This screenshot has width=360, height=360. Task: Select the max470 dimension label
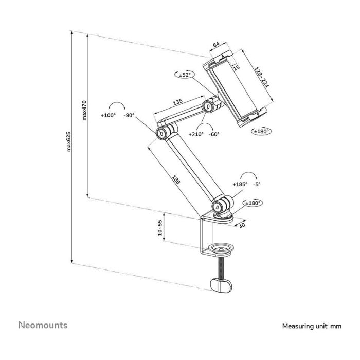[x=84, y=109]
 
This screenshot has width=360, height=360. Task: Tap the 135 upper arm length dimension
[x=177, y=102]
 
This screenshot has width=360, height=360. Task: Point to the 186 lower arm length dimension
[x=175, y=179]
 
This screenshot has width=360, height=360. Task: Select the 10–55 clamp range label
[x=160, y=228]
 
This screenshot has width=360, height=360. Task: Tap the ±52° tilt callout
[x=185, y=75]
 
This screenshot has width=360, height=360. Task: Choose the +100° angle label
[x=108, y=116]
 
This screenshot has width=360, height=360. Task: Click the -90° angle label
[x=129, y=116]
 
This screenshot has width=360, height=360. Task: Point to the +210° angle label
[x=196, y=134]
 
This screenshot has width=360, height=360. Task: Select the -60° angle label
[x=214, y=134]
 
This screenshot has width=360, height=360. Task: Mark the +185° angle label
[x=240, y=184]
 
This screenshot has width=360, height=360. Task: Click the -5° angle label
[x=257, y=184]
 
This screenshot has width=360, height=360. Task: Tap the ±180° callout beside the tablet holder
[x=262, y=131]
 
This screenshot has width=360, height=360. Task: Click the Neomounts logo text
[x=43, y=325]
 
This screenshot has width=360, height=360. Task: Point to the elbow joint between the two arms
[x=162, y=134]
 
